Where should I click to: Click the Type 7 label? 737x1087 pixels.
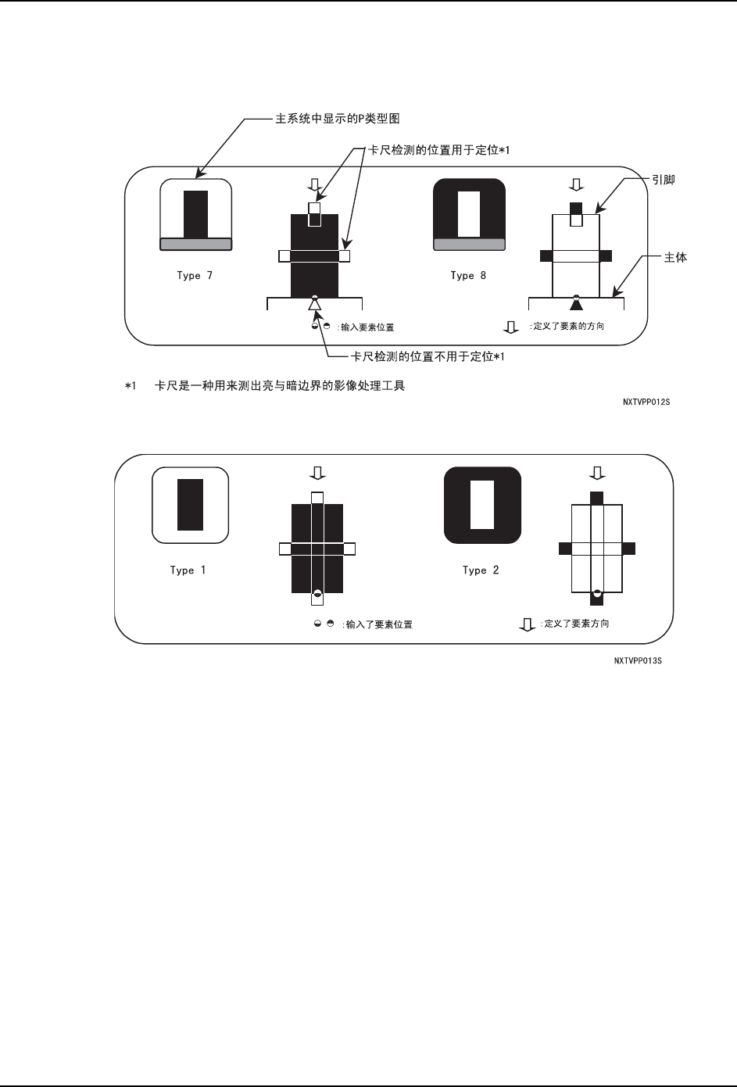pos(195,276)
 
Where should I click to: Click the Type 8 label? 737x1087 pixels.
pos(468,276)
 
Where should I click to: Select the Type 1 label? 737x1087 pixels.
pos(188,570)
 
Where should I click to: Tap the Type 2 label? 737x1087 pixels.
pos(481,570)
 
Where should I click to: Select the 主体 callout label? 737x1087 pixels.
pos(675,257)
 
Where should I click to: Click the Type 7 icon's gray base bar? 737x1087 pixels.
pos(195,245)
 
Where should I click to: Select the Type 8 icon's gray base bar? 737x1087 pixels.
pos(469,245)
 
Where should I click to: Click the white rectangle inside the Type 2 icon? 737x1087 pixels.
pos(482,505)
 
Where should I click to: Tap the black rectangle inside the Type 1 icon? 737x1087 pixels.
pos(190,505)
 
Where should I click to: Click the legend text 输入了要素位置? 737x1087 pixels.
pos(378,624)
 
